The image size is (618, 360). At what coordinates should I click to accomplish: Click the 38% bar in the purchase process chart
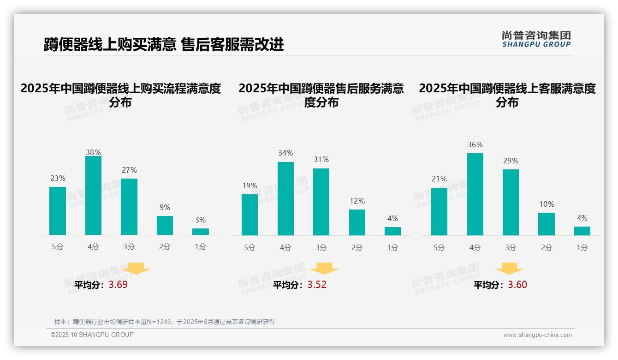coord(93,196)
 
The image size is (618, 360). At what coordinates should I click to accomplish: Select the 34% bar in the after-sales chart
coord(285,198)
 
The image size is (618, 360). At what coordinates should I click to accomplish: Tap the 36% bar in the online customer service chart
coord(475,194)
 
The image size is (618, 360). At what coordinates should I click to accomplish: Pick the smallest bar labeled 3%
coord(201,232)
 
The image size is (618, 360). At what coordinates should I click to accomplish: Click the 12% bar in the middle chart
coord(357,222)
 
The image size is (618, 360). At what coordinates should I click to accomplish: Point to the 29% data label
coord(511,161)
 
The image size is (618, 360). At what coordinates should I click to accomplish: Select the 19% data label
coord(250,186)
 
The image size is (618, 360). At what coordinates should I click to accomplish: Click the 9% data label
coord(165,207)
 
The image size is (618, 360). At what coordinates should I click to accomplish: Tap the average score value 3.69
coord(118,285)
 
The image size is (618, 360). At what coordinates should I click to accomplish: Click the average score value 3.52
coord(317,285)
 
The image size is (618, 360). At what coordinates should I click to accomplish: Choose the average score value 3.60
coord(517,285)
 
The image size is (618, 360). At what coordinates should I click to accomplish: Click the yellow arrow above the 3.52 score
coord(324,269)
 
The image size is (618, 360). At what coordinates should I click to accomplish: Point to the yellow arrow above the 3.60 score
coord(509,269)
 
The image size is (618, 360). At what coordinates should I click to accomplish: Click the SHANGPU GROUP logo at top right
coord(536,39)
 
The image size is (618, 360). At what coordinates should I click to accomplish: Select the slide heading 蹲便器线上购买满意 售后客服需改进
coord(164,44)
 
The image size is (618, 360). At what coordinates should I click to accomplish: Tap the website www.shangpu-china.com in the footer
coord(537,335)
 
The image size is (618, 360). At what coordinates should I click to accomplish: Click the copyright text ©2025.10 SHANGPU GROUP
coord(92,335)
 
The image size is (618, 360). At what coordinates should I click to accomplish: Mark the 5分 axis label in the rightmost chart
coord(439,248)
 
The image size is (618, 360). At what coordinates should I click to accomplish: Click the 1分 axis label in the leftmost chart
coord(201,247)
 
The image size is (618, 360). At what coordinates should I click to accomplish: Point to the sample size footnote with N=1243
coord(165,322)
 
